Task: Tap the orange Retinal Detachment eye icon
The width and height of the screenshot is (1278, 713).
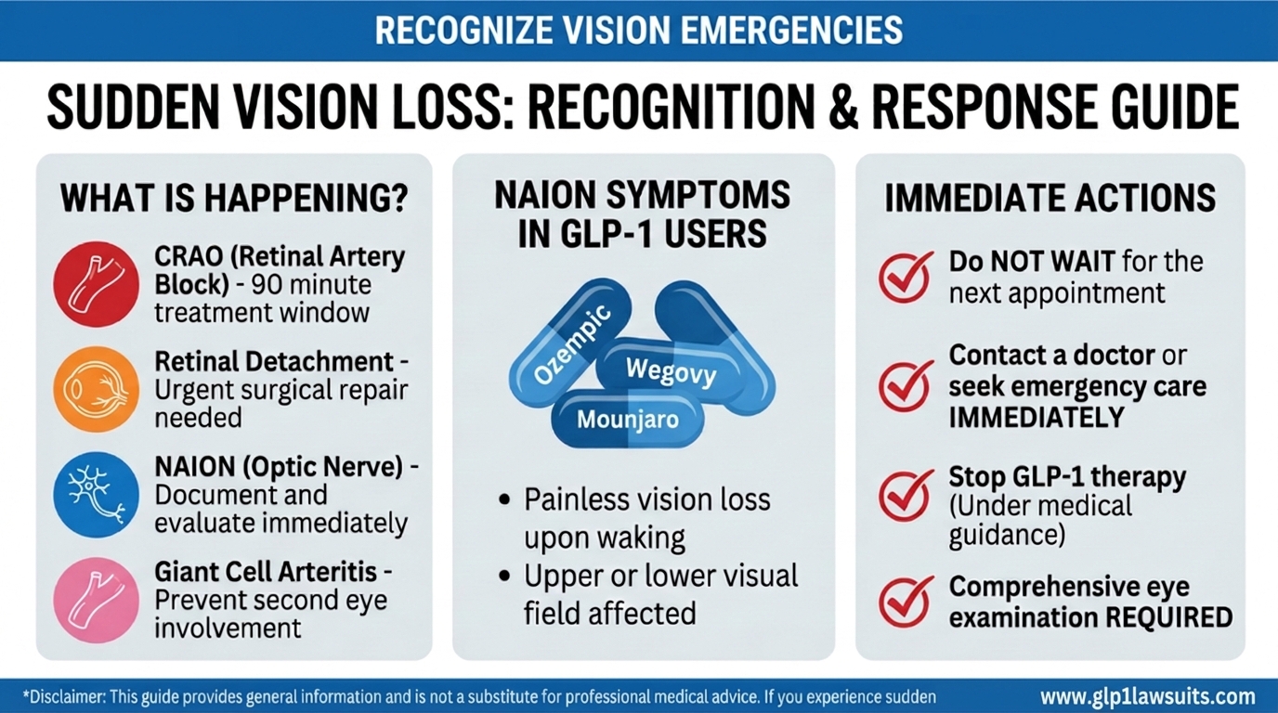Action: pos(96,388)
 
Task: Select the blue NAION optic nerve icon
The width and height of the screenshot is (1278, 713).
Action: pos(96,495)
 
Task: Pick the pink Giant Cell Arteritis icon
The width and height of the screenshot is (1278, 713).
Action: pos(96,601)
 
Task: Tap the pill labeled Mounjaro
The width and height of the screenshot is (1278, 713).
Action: pos(627,419)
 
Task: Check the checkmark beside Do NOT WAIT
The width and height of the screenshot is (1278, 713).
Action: pos(906,276)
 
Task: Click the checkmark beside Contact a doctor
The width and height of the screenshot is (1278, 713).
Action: pos(906,385)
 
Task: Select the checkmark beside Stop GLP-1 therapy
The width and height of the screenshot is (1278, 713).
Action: pos(906,494)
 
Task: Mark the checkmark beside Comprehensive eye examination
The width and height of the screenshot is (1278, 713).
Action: pos(906,601)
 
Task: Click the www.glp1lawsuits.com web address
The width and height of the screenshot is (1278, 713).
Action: pos(1147,696)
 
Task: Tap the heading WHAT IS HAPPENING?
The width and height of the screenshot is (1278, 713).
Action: pos(234,198)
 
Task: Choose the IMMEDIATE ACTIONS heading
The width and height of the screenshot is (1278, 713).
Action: pos(1050,198)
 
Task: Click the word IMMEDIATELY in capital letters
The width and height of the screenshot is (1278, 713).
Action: pos(1036,418)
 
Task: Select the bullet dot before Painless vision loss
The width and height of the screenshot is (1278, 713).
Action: pos(504,499)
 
